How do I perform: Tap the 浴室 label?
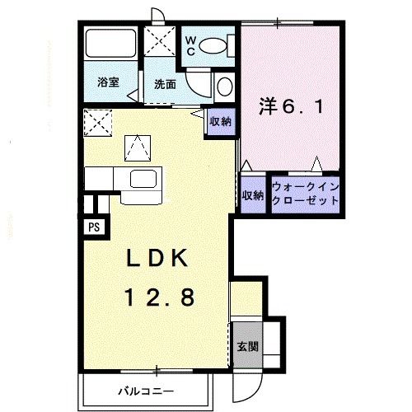[x=108, y=82]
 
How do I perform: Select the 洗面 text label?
[x=163, y=83]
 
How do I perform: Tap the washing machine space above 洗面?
[x=162, y=41]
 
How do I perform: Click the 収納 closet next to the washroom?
[x=219, y=122]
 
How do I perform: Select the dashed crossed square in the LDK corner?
[x=100, y=124]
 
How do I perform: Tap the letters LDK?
[x=158, y=258]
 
